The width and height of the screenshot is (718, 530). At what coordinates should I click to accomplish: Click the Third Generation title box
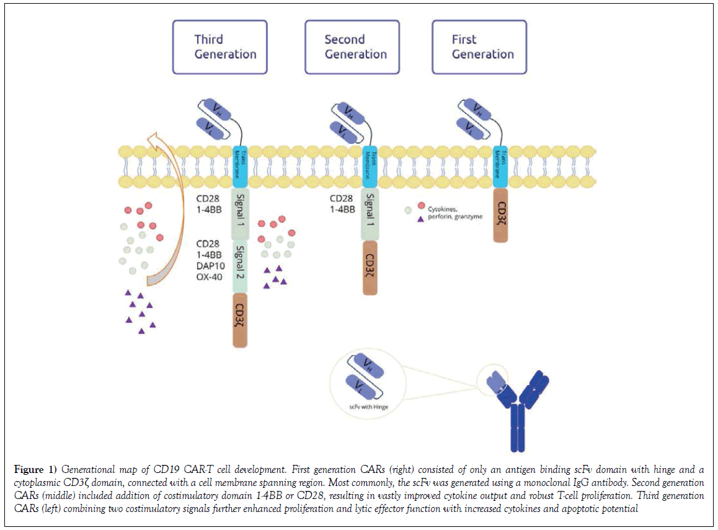click(x=220, y=47)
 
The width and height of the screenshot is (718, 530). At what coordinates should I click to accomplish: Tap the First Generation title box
click(x=479, y=47)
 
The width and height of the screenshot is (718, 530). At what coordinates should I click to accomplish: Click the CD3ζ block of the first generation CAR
click(x=500, y=216)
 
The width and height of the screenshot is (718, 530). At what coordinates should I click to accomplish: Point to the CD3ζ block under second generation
click(x=370, y=267)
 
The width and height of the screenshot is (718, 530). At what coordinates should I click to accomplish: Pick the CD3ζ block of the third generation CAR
click(x=240, y=320)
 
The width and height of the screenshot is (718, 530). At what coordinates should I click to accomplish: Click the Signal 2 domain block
click(x=240, y=267)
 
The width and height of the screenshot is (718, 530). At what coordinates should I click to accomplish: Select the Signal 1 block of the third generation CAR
click(x=240, y=214)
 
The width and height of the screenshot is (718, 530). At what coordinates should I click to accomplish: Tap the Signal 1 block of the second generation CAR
click(x=370, y=214)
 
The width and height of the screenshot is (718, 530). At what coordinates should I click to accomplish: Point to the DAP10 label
click(x=210, y=265)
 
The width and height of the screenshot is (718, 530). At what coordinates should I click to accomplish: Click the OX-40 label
click(x=210, y=276)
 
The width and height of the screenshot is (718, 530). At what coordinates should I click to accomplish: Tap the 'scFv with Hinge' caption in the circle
click(x=366, y=406)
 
